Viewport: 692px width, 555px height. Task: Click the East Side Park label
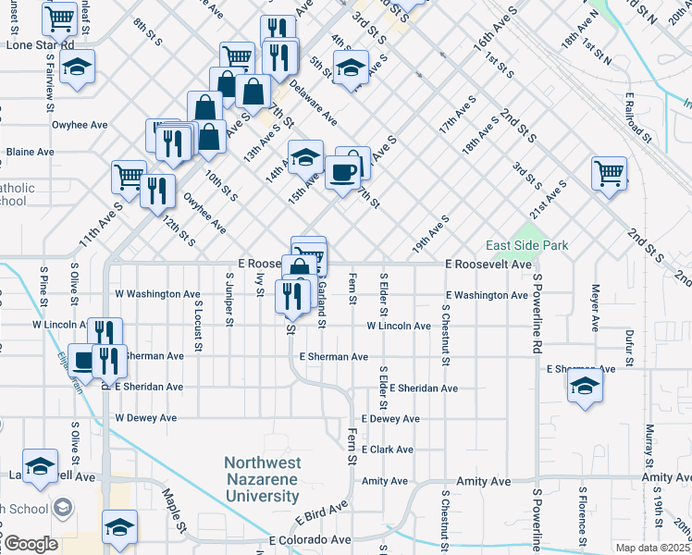pyautogui.click(x=527, y=245)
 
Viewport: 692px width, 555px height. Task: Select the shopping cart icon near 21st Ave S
pyautogui.click(x=609, y=173)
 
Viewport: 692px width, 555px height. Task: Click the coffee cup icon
pyautogui.click(x=342, y=172)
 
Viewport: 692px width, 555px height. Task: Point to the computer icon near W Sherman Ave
pyautogui.click(x=84, y=359)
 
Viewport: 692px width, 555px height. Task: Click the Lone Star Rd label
pyautogui.click(x=40, y=43)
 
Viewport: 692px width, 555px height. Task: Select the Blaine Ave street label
pyautogui.click(x=31, y=152)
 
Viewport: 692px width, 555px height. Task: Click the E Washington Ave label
pyautogui.click(x=487, y=295)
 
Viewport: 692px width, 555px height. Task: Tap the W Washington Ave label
pyautogui.click(x=157, y=295)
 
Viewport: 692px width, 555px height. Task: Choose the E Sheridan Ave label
pyautogui.click(x=424, y=388)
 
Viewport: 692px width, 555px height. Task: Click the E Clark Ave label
pyautogui.click(x=388, y=450)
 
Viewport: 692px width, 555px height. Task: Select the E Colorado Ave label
pyautogui.click(x=310, y=539)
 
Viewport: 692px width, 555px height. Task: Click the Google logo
pyautogui.click(x=30, y=544)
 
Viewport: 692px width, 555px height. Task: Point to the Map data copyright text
pyautogui.click(x=652, y=548)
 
